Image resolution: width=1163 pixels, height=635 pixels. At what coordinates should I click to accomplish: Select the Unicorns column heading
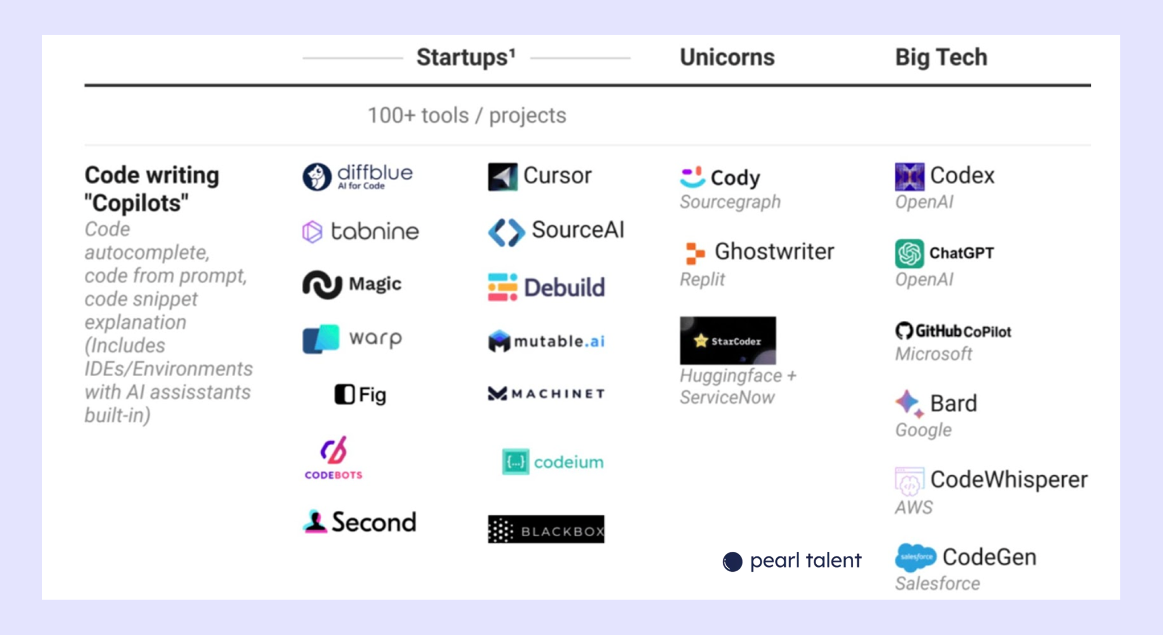click(727, 58)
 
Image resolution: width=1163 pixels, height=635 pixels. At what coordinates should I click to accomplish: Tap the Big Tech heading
click(941, 58)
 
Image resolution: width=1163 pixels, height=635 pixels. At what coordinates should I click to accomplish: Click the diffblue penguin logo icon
click(317, 177)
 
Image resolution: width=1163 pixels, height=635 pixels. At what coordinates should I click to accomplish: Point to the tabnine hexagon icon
click(312, 231)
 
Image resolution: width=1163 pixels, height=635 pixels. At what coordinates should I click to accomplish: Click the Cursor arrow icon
click(502, 177)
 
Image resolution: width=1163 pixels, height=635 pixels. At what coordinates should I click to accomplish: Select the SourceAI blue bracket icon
click(506, 232)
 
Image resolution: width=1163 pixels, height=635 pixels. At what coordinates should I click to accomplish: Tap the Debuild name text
click(564, 288)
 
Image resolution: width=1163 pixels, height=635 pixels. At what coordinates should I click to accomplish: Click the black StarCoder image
click(727, 340)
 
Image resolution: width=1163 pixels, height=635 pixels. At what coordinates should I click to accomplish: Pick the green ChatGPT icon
click(909, 254)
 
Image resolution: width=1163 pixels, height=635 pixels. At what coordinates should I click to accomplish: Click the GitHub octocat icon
click(904, 331)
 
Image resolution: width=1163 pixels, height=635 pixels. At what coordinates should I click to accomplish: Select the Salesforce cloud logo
click(915, 557)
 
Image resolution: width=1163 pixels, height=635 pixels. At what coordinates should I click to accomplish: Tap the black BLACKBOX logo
click(546, 530)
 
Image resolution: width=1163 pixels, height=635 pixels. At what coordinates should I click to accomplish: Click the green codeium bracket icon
click(515, 462)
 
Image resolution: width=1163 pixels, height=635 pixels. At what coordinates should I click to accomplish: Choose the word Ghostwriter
click(774, 251)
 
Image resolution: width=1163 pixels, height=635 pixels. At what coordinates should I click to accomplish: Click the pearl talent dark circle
click(732, 561)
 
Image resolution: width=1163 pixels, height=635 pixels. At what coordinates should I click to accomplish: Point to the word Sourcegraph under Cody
click(730, 202)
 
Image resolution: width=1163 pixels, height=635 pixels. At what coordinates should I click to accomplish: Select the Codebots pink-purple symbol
click(333, 451)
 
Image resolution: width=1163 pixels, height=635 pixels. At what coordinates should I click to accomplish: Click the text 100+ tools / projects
click(466, 116)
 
